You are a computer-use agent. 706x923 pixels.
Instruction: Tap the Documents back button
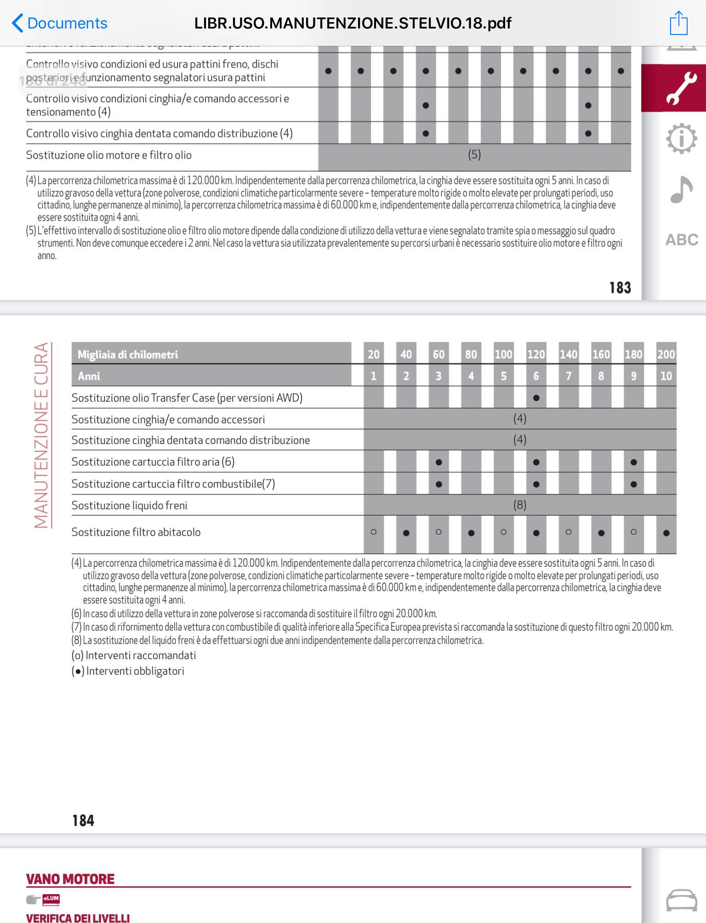pyautogui.click(x=60, y=23)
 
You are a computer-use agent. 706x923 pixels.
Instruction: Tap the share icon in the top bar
pyautogui.click(x=678, y=23)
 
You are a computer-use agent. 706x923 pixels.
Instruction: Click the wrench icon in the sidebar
pyautogui.click(x=681, y=88)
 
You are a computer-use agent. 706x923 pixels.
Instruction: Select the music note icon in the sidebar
pyautogui.click(x=681, y=189)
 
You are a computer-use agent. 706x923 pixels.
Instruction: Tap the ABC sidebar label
pyautogui.click(x=682, y=239)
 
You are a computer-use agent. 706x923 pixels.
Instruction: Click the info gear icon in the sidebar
pyautogui.click(x=681, y=138)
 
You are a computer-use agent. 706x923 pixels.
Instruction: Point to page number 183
pyautogui.click(x=620, y=288)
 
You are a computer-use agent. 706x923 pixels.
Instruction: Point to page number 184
pyautogui.click(x=83, y=820)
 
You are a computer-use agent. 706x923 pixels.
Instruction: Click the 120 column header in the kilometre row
pyautogui.click(x=536, y=354)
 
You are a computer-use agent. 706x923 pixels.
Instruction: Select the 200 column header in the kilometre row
pyautogui.click(x=666, y=354)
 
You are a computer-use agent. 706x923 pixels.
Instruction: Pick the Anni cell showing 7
pyautogui.click(x=569, y=376)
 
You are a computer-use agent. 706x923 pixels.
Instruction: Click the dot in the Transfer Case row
pyautogui.click(x=536, y=398)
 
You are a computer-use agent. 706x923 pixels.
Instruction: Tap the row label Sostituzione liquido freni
pyautogui.click(x=130, y=506)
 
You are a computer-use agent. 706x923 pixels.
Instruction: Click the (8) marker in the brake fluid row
pyautogui.click(x=520, y=505)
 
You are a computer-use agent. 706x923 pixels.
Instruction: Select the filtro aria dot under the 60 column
pyautogui.click(x=438, y=462)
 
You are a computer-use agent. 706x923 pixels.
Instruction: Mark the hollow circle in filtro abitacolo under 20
pyautogui.click(x=374, y=532)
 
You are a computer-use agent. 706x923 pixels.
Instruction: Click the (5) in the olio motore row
pyautogui.click(x=474, y=155)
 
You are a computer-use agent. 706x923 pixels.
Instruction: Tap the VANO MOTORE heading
pyautogui.click(x=70, y=879)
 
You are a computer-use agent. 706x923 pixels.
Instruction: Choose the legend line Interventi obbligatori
pyautogui.click(x=128, y=671)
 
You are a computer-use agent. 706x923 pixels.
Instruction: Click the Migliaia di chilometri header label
pyautogui.click(x=128, y=354)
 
